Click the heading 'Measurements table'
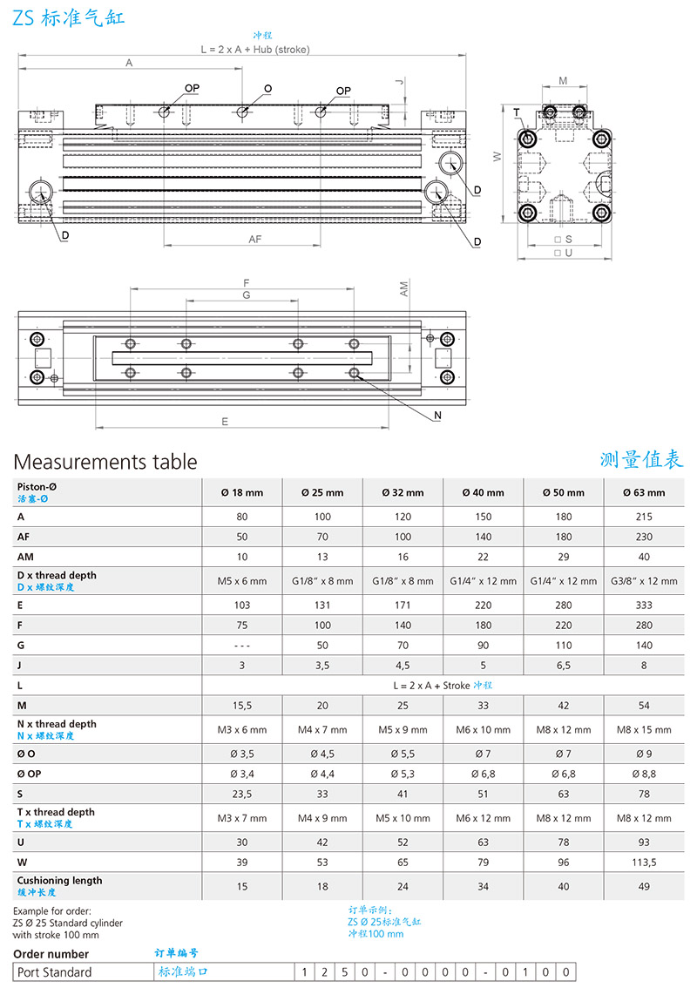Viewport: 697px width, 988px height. click(x=105, y=462)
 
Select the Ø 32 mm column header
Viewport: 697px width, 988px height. click(x=403, y=492)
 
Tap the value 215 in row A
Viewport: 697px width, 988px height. click(x=644, y=517)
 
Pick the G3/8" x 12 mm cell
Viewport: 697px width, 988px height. click(x=644, y=580)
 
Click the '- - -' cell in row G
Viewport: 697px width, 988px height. click(x=242, y=646)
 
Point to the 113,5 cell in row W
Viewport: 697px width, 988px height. click(x=644, y=863)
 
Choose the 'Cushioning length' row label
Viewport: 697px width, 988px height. click(x=59, y=881)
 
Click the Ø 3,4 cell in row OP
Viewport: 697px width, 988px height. click(x=242, y=774)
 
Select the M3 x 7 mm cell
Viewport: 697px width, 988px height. click(x=242, y=818)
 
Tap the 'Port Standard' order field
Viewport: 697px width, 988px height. click(x=53, y=972)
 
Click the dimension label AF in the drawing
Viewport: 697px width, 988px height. click(x=255, y=239)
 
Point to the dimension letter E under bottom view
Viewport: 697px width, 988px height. click(x=225, y=421)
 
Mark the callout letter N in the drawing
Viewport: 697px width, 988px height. click(x=437, y=416)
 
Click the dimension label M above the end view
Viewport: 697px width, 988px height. click(x=563, y=81)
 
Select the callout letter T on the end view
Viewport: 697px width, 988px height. click(x=516, y=112)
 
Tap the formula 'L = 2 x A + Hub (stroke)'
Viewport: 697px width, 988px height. click(x=254, y=50)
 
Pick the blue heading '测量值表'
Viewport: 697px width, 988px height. click(x=641, y=459)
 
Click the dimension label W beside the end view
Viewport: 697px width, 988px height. click(x=497, y=157)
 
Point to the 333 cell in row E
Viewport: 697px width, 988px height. click(x=644, y=605)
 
